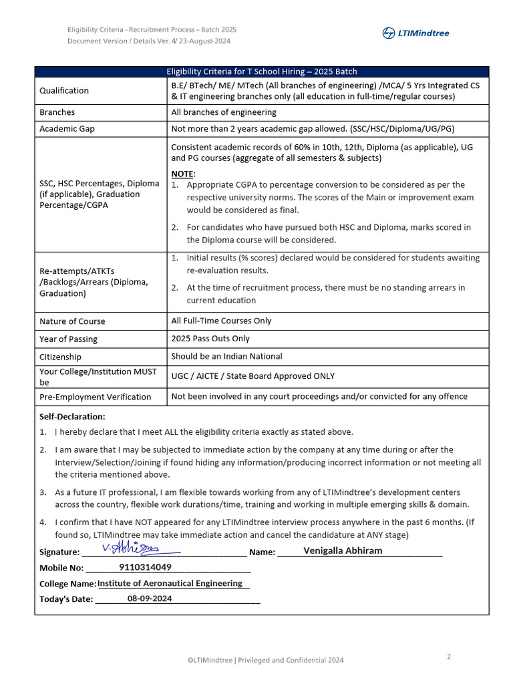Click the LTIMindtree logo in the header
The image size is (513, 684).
(x=415, y=33)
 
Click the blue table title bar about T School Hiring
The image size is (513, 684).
(x=262, y=72)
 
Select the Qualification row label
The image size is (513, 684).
(x=64, y=91)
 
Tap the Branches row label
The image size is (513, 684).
(x=57, y=112)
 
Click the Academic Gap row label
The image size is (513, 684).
(x=67, y=129)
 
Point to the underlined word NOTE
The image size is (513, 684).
(x=182, y=174)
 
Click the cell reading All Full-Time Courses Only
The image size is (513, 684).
(x=221, y=321)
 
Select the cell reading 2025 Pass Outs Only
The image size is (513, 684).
(x=210, y=339)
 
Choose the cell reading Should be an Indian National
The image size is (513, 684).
(x=226, y=357)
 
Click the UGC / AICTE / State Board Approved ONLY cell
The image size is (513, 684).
(x=253, y=376)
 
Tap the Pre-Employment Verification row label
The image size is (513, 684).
(x=96, y=397)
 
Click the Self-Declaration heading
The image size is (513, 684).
(x=72, y=417)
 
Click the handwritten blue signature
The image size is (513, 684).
(x=131, y=548)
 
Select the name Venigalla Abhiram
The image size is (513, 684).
(x=343, y=551)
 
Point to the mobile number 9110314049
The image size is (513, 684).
(x=145, y=567)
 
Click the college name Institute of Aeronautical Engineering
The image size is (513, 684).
(x=170, y=583)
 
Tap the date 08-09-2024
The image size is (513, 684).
(x=150, y=598)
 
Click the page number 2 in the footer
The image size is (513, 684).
(x=449, y=657)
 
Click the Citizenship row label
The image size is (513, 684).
(x=60, y=357)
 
